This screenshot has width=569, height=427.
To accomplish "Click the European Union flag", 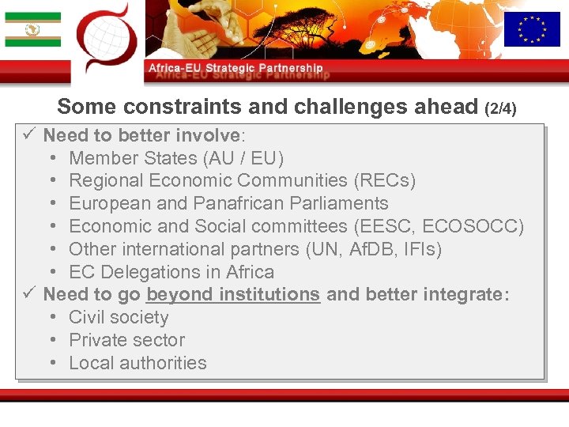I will pos(532,29).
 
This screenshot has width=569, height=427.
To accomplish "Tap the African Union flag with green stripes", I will pos(32,30).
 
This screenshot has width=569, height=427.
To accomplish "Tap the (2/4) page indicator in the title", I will pos(500,108).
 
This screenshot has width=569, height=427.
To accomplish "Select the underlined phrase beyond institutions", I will pos(233,295).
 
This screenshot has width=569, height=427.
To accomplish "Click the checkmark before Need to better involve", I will pos(28,135).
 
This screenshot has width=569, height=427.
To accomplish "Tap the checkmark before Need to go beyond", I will pos(28,295).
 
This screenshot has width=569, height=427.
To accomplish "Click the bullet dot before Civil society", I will pos(52,318).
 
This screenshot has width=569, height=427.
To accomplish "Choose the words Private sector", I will pos(126,341).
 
